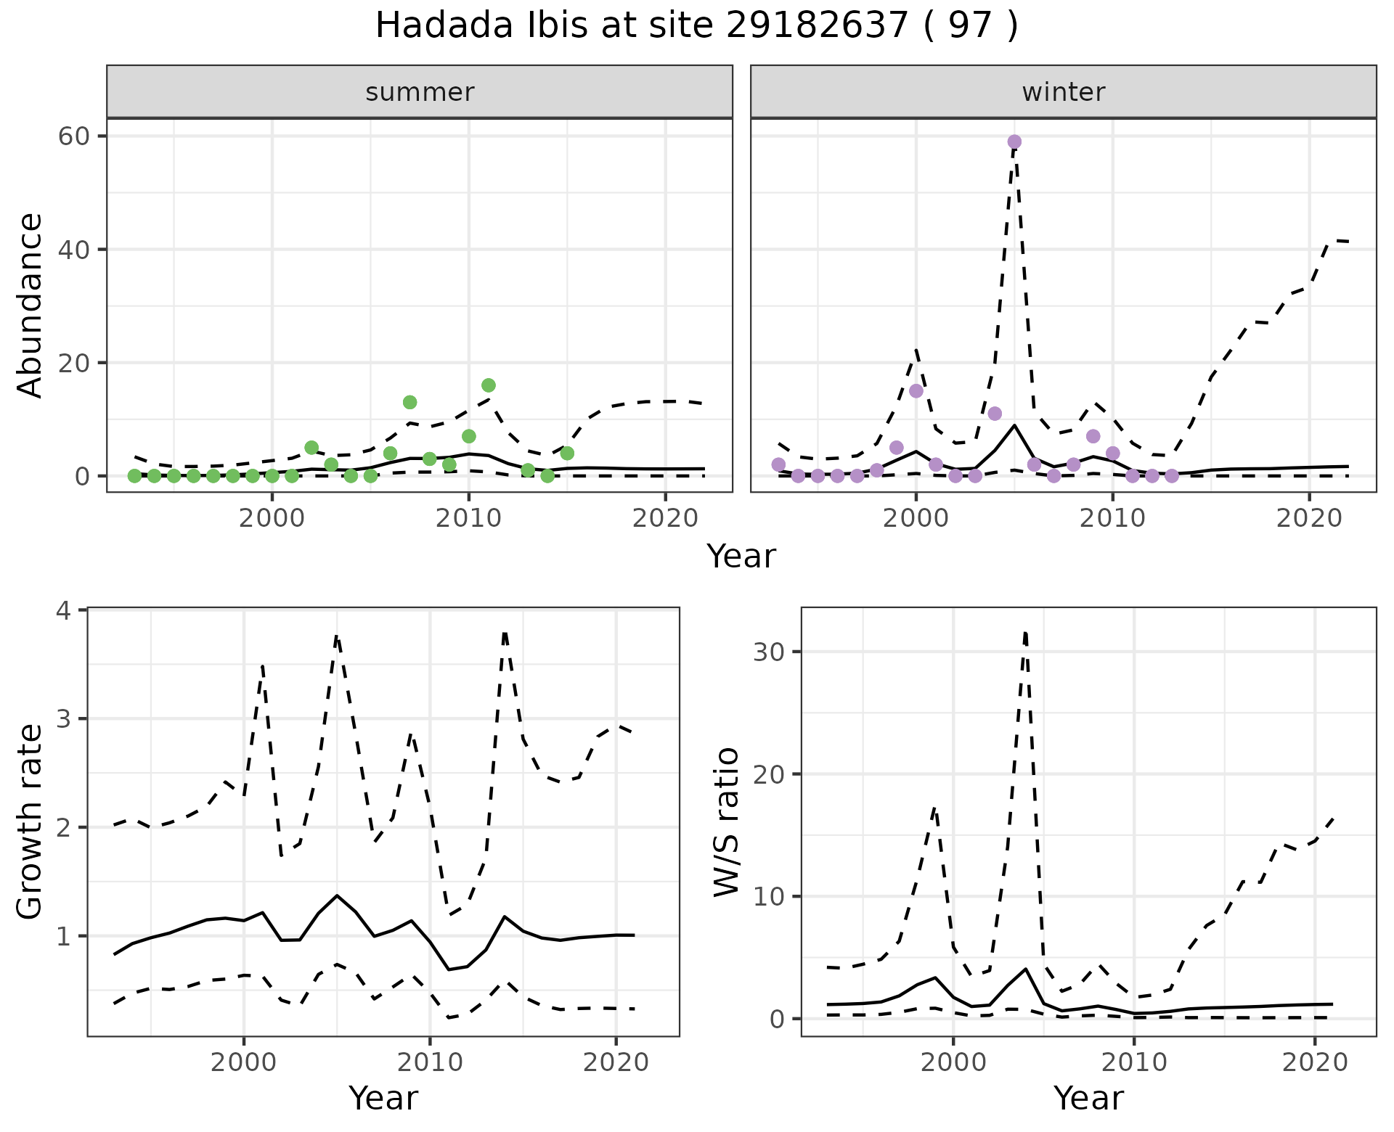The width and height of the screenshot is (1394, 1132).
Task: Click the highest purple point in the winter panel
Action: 1014,141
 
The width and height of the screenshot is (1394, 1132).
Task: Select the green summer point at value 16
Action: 489,385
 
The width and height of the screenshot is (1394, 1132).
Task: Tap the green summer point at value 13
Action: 409,402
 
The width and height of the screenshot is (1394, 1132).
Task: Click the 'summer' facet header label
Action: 420,92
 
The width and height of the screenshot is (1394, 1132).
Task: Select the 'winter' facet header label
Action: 1063,92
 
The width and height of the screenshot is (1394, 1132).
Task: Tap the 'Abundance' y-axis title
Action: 30,305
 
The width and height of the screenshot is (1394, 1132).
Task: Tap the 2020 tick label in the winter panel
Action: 1308,518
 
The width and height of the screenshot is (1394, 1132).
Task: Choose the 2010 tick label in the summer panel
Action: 468,518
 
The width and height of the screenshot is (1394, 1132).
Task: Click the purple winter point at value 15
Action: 916,391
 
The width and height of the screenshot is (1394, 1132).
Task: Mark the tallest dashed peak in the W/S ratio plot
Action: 1024,633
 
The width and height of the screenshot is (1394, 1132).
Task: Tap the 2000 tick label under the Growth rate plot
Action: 244,1062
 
